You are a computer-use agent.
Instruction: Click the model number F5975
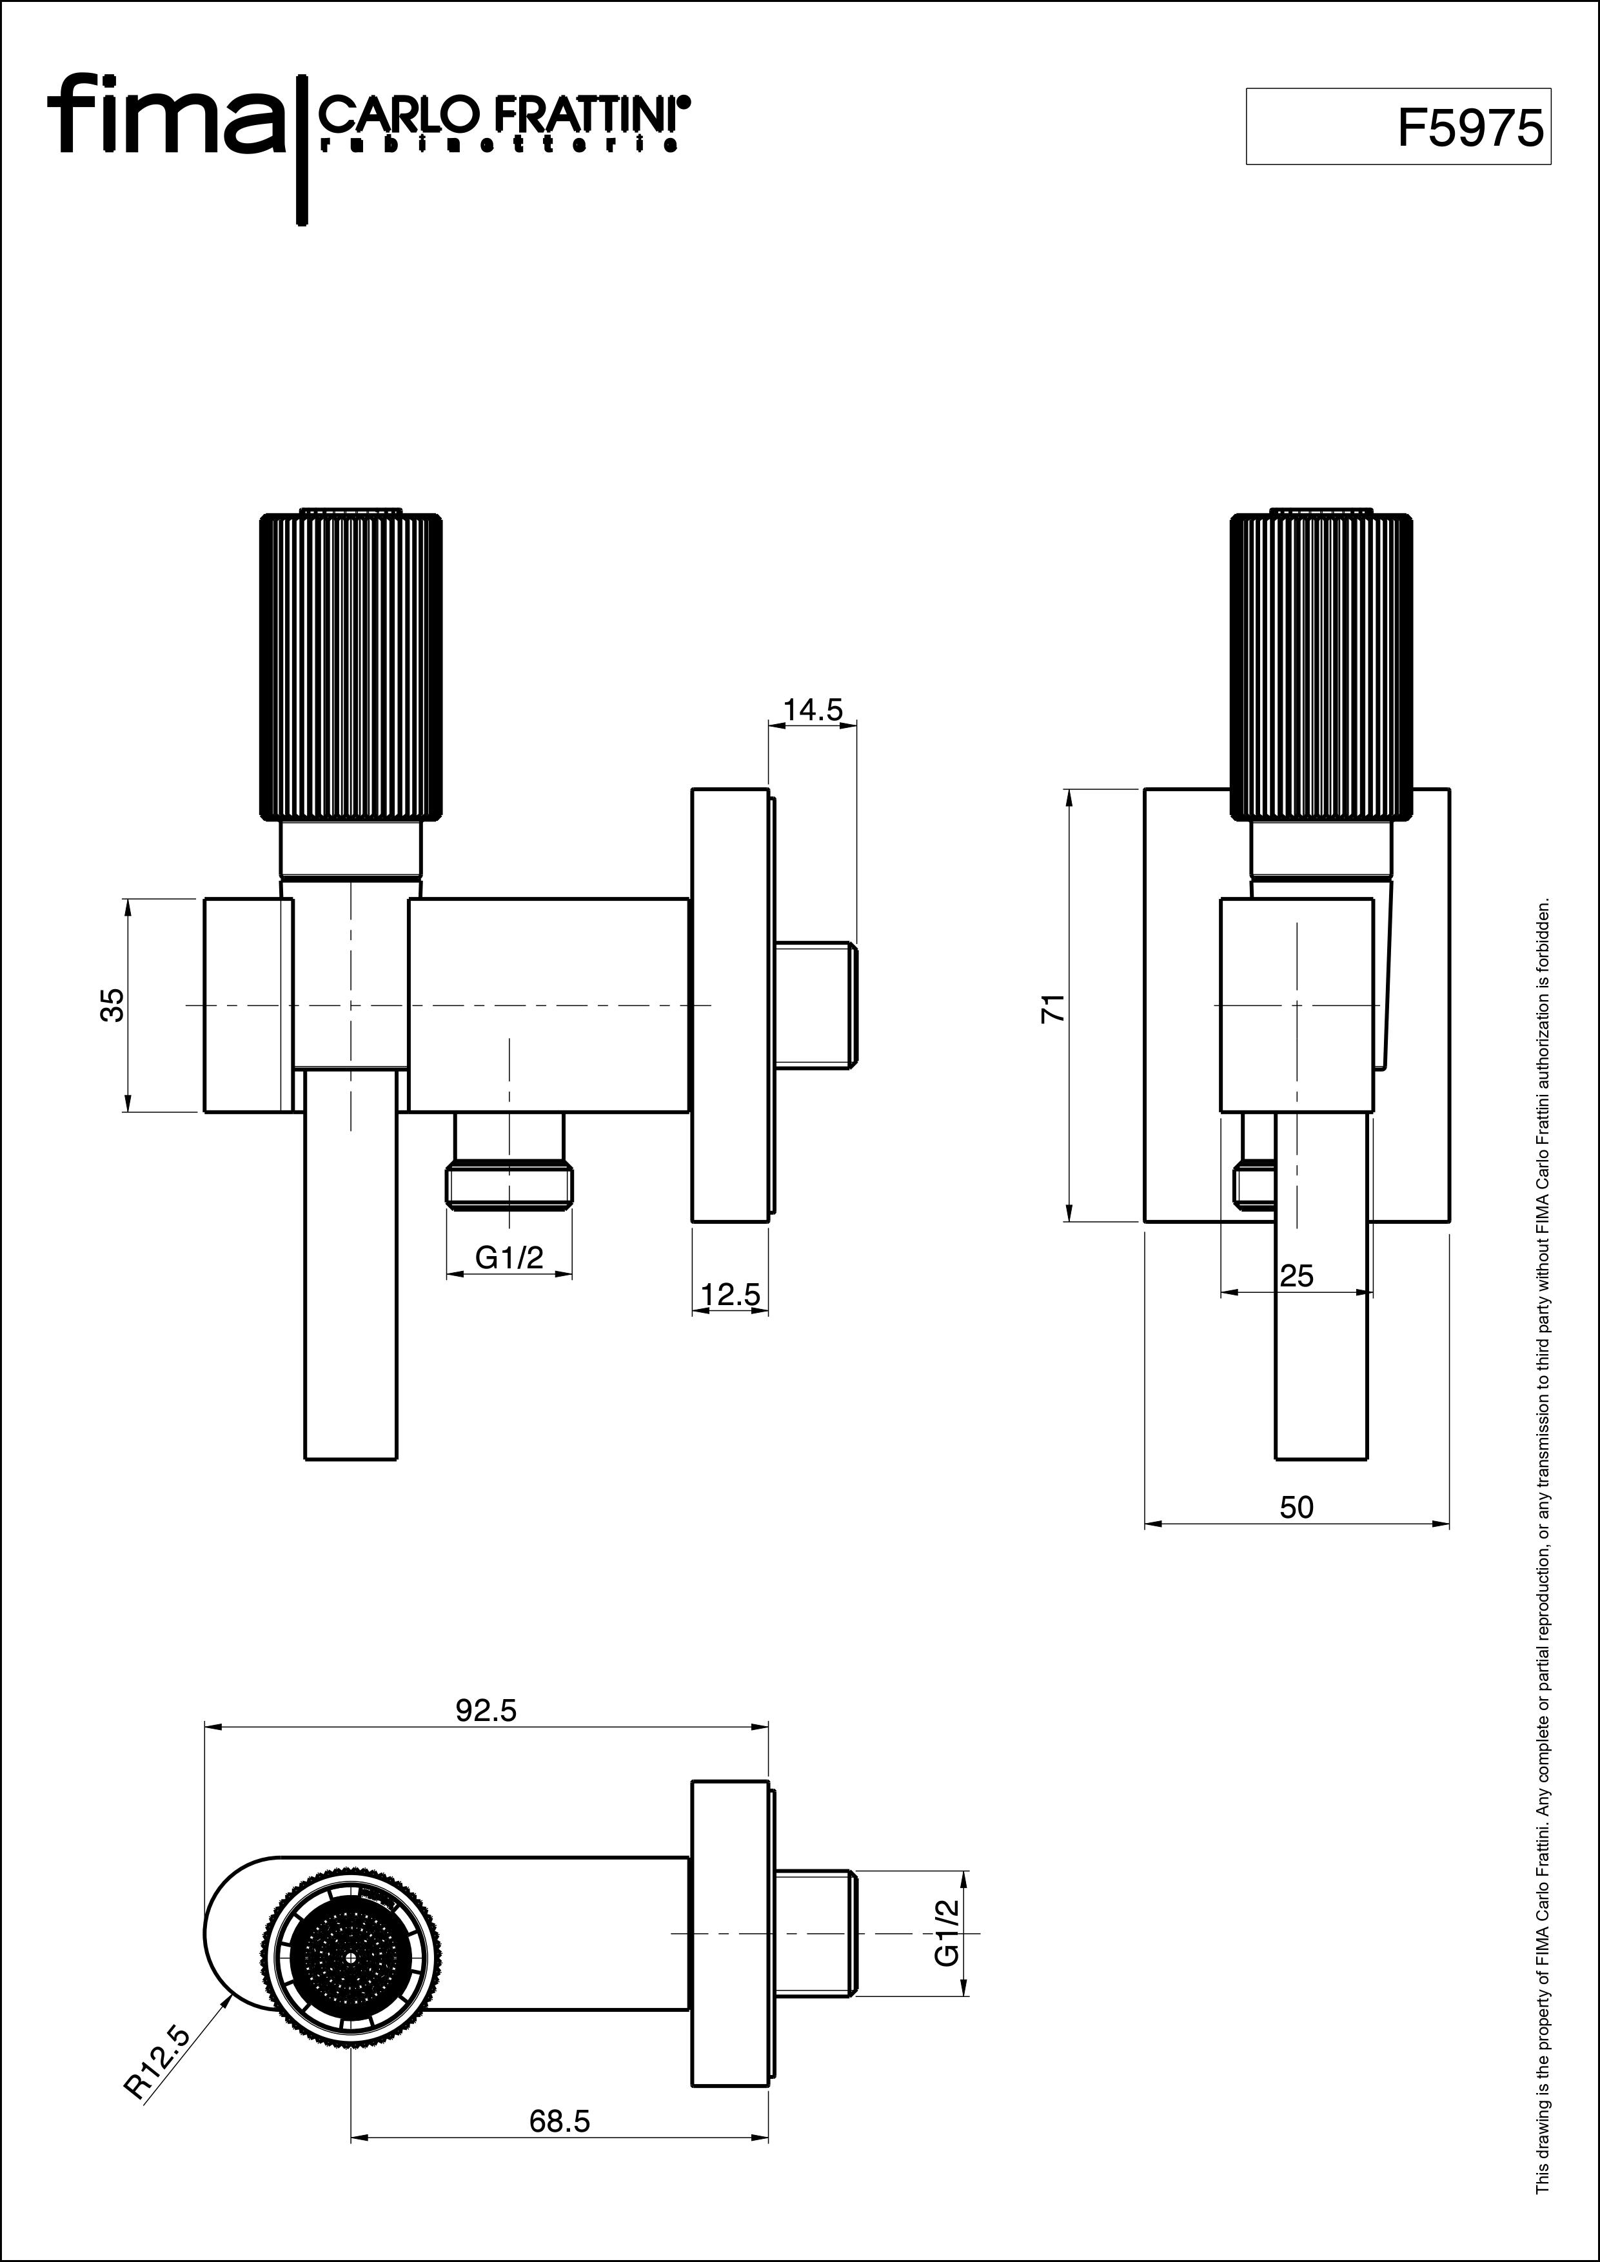1470,128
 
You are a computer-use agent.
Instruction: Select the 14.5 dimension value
812,711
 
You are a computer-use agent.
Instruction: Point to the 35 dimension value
114,1006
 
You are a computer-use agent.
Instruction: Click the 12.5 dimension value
730,1295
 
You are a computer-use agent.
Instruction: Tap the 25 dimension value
1296,1277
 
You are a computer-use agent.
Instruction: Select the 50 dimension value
1296,1508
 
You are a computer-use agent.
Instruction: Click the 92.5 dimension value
486,1711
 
